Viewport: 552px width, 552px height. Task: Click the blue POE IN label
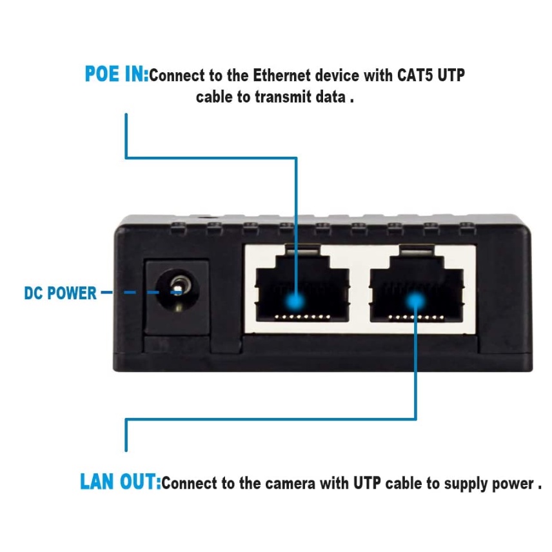point(116,75)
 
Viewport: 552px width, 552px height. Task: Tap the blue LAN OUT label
point(120,482)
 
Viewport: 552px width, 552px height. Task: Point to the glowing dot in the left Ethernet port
point(295,301)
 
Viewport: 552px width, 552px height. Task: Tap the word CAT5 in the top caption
point(412,75)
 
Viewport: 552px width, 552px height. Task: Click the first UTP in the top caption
point(450,75)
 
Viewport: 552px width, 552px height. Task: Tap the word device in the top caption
point(339,75)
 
